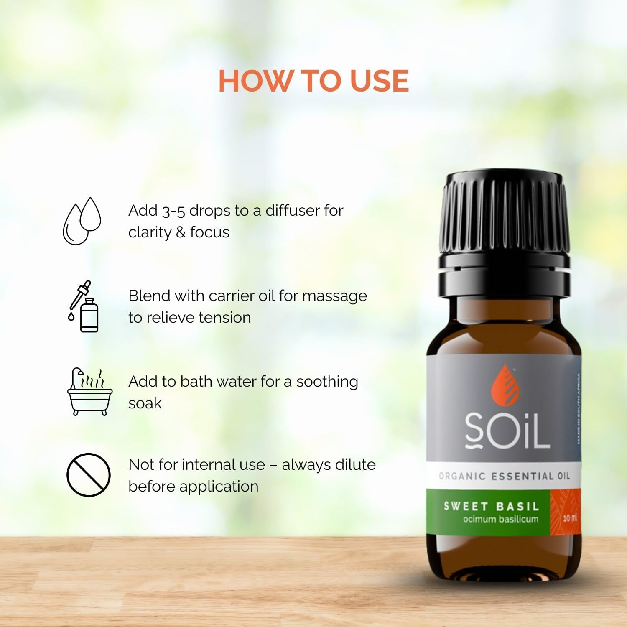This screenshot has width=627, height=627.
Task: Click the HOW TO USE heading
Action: click(313, 81)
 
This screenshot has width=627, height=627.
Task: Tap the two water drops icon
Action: click(82, 221)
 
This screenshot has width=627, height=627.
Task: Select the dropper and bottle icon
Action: click(84, 306)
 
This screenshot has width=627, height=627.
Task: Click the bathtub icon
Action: click(90, 392)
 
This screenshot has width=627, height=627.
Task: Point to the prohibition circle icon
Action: click(89, 475)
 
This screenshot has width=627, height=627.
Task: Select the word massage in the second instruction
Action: click(334, 296)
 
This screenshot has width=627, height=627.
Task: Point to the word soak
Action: click(145, 403)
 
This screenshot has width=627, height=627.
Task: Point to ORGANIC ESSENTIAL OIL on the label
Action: click(504, 476)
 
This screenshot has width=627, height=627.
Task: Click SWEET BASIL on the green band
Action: click(491, 506)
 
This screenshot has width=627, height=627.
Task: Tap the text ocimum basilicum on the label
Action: click(500, 519)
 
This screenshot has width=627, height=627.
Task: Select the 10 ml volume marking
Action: click(569, 518)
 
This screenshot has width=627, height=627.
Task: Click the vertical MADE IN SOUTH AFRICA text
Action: click(579, 408)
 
